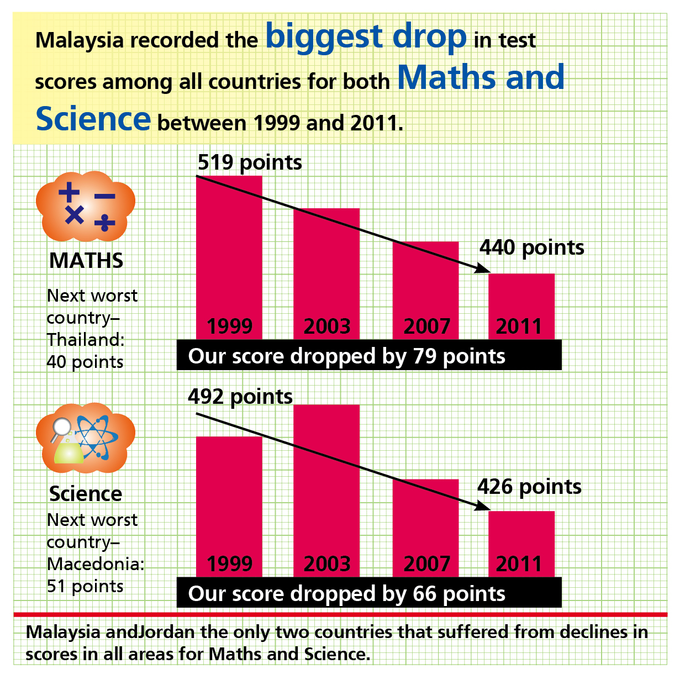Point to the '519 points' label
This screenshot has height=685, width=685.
(250, 162)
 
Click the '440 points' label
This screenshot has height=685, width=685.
(531, 247)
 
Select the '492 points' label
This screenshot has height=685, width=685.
(240, 397)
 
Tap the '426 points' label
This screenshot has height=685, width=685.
(529, 487)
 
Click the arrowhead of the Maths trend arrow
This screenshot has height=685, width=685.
(484, 269)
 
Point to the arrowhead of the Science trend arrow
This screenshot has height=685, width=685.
(483, 506)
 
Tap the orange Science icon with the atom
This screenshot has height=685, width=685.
(86, 438)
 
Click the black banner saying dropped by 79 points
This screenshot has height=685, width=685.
(368, 355)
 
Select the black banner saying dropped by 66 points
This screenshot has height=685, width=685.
(368, 593)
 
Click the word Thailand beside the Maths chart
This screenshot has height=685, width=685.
(85, 340)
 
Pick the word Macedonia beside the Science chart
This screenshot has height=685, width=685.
(95, 564)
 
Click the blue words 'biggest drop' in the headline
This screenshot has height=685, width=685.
(366, 37)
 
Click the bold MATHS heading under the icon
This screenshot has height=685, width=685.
(86, 261)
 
